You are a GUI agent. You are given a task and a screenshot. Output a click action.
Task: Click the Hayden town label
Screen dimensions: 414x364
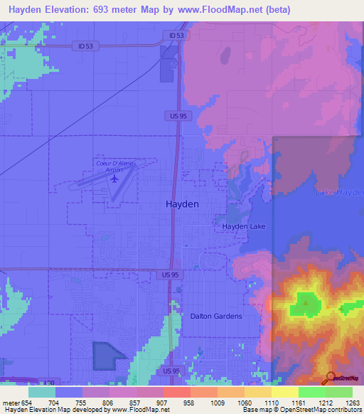pyautogui.click(x=182, y=203)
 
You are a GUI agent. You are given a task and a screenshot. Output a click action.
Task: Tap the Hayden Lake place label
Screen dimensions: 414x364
pyautogui.click(x=223, y=226)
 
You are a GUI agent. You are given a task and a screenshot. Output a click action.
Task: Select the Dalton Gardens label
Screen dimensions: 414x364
pyautogui.click(x=216, y=316)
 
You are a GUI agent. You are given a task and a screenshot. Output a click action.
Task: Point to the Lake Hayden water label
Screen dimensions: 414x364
pyautogui.click(x=340, y=193)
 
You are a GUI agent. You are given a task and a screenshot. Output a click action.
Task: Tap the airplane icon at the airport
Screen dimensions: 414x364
pyautogui.click(x=114, y=179)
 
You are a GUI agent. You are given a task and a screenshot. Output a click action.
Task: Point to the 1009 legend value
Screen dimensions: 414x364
pyautogui.click(x=217, y=403)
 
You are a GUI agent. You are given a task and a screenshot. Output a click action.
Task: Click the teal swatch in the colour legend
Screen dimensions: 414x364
pyautogui.click(x=41, y=392)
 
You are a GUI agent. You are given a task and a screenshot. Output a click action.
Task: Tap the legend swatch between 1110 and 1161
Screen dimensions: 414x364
pyautogui.click(x=284, y=392)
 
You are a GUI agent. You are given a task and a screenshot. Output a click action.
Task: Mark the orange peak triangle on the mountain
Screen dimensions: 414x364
pyautogui.click(x=306, y=302)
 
